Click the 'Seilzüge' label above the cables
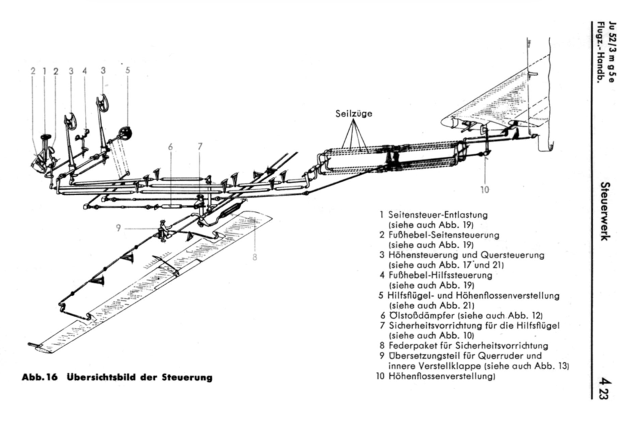click(x=354, y=113)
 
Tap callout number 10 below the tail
click(x=484, y=190)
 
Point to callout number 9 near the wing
click(x=118, y=228)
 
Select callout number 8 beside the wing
click(x=255, y=258)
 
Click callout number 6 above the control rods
click(x=171, y=147)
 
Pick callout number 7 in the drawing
click(x=200, y=147)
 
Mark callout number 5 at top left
click(x=128, y=70)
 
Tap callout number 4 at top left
click(x=84, y=71)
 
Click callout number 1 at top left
click(x=45, y=71)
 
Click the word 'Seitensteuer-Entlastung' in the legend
click(x=438, y=215)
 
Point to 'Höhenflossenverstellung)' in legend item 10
click(x=442, y=376)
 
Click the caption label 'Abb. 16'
click(x=40, y=377)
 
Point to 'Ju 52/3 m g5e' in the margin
click(x=613, y=51)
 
